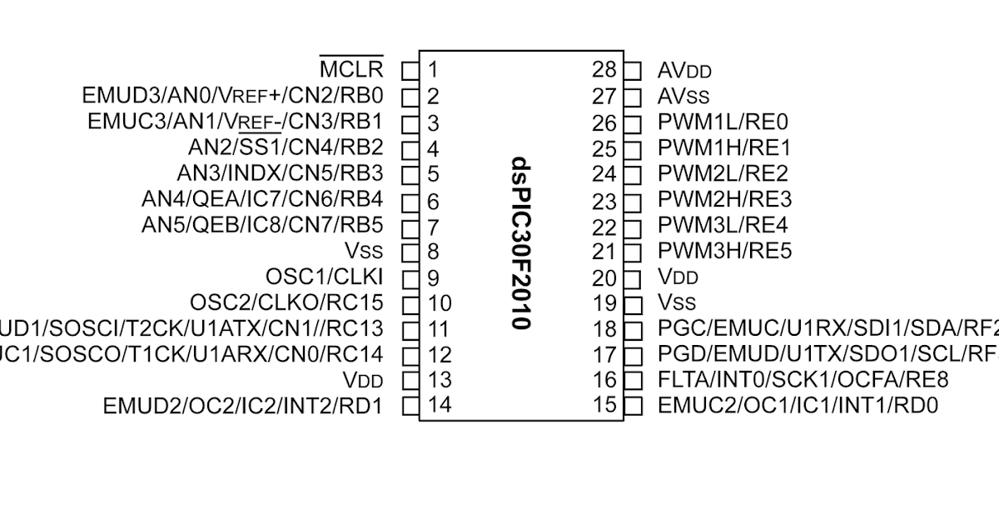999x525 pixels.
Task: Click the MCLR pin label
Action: coord(351,68)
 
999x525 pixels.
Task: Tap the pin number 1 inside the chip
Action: coord(433,69)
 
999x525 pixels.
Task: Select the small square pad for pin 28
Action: coord(634,70)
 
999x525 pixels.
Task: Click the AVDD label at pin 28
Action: coord(684,71)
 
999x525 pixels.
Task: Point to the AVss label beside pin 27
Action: coord(683,97)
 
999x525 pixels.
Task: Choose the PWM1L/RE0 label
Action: coord(723,122)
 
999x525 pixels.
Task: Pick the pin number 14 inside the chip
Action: coord(440,407)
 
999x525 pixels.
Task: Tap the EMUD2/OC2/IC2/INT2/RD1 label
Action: coord(243,407)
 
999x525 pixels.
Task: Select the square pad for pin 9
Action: coord(410,277)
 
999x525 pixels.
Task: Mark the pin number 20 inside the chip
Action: coord(605,278)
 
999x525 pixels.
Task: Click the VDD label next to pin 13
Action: coord(363,381)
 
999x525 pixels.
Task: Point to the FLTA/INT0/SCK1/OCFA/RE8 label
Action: coord(803,380)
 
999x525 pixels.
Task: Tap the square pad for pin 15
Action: coord(634,407)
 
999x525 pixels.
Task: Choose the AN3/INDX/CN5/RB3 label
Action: coord(280,174)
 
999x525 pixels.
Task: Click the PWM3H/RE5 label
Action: coord(724,251)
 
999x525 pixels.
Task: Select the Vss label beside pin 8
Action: coord(364,252)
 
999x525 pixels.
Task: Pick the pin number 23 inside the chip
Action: coord(605,201)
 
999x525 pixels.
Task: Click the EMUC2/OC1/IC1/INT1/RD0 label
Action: coord(798,407)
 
